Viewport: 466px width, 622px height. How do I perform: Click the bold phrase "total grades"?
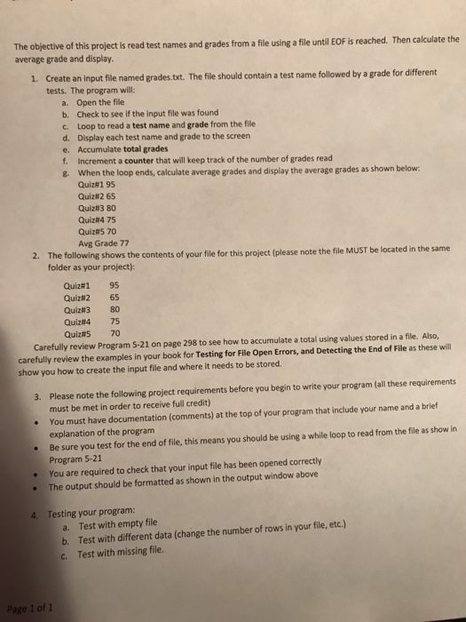(x=134, y=148)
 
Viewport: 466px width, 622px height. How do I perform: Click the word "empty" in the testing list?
(x=119, y=528)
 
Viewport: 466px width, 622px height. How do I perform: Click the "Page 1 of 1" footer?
(x=30, y=608)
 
